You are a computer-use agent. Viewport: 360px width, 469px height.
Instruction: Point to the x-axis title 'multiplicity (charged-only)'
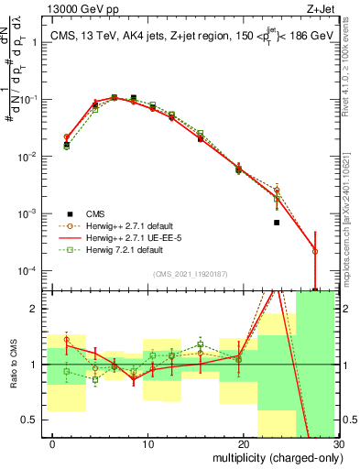(275, 456)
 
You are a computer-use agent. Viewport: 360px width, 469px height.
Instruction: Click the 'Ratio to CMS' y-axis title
(14, 365)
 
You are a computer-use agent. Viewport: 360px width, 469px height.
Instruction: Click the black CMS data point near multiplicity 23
(277, 223)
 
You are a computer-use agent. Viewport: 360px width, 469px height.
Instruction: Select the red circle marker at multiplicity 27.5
(315, 251)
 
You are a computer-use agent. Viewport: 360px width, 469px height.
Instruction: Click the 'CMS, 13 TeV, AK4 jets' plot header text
(110, 38)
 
